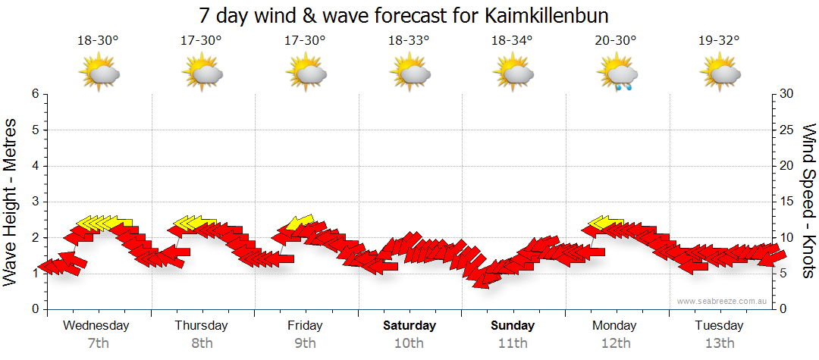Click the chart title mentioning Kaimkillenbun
tap(403, 15)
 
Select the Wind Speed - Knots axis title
tap(808, 201)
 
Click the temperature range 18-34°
tap(512, 41)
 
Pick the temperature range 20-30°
tap(616, 41)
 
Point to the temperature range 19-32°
tap(719, 41)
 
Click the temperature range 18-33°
tap(409, 41)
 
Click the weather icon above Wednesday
tap(99, 74)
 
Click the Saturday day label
tap(409, 326)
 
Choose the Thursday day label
tap(201, 326)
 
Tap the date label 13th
tap(720, 343)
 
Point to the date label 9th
tap(305, 343)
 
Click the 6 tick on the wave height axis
tap(34, 94)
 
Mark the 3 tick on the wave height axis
tap(34, 202)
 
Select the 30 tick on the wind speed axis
tap(786, 94)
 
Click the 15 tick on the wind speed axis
tap(786, 202)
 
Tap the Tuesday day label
tap(719, 326)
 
